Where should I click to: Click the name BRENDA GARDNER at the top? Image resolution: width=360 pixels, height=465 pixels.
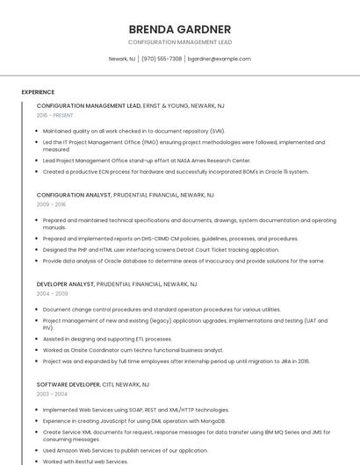(179, 29)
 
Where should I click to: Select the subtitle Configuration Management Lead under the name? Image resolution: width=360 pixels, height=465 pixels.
(179, 42)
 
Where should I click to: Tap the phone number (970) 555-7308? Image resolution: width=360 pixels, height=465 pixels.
(162, 59)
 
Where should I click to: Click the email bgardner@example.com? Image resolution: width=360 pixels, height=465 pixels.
(219, 59)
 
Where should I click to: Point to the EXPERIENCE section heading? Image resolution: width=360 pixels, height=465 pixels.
(38, 92)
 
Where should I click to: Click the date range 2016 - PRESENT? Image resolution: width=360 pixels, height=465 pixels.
(55, 115)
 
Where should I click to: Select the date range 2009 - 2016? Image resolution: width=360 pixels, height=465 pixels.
(51, 204)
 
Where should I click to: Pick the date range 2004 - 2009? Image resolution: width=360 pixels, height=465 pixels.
(51, 293)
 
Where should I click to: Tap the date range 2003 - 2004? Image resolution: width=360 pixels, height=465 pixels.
(51, 394)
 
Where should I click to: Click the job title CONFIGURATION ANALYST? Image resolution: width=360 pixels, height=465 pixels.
(74, 195)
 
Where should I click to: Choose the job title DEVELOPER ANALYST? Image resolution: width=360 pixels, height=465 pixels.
(65, 284)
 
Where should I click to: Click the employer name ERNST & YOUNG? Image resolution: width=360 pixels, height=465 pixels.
(166, 105)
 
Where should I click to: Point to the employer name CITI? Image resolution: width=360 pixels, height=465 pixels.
(109, 384)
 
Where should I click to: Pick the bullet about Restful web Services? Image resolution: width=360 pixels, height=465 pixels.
(85, 461)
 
